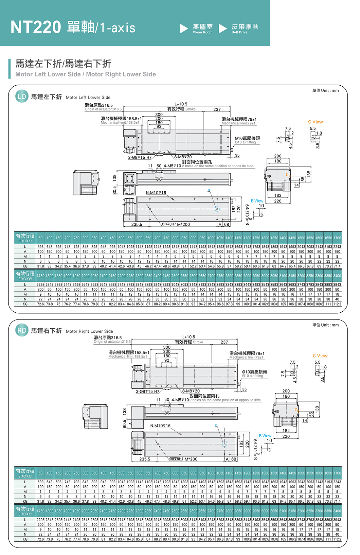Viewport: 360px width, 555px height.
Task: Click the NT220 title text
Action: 36,27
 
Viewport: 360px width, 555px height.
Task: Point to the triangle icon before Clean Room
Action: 184,29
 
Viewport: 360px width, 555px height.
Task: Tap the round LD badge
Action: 22,97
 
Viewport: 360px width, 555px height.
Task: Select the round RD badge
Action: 22,330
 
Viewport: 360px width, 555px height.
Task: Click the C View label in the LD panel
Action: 316,122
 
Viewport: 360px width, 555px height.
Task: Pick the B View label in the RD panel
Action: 265,436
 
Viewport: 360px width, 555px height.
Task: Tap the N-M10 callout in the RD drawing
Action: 160,426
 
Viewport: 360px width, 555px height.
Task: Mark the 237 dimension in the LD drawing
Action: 217,109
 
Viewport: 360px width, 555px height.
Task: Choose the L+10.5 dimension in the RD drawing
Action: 188,337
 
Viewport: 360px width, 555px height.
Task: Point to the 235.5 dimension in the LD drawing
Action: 137,224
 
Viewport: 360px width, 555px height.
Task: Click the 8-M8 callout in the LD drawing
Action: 183,157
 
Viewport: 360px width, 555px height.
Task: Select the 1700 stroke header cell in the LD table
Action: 337,238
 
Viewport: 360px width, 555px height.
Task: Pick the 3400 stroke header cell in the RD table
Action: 337,511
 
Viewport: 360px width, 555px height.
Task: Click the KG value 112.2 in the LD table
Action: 337,304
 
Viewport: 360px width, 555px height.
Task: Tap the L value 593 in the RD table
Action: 40,482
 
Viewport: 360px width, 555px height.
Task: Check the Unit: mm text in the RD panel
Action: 325,325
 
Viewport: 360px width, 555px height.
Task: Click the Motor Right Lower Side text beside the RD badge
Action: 89,331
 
